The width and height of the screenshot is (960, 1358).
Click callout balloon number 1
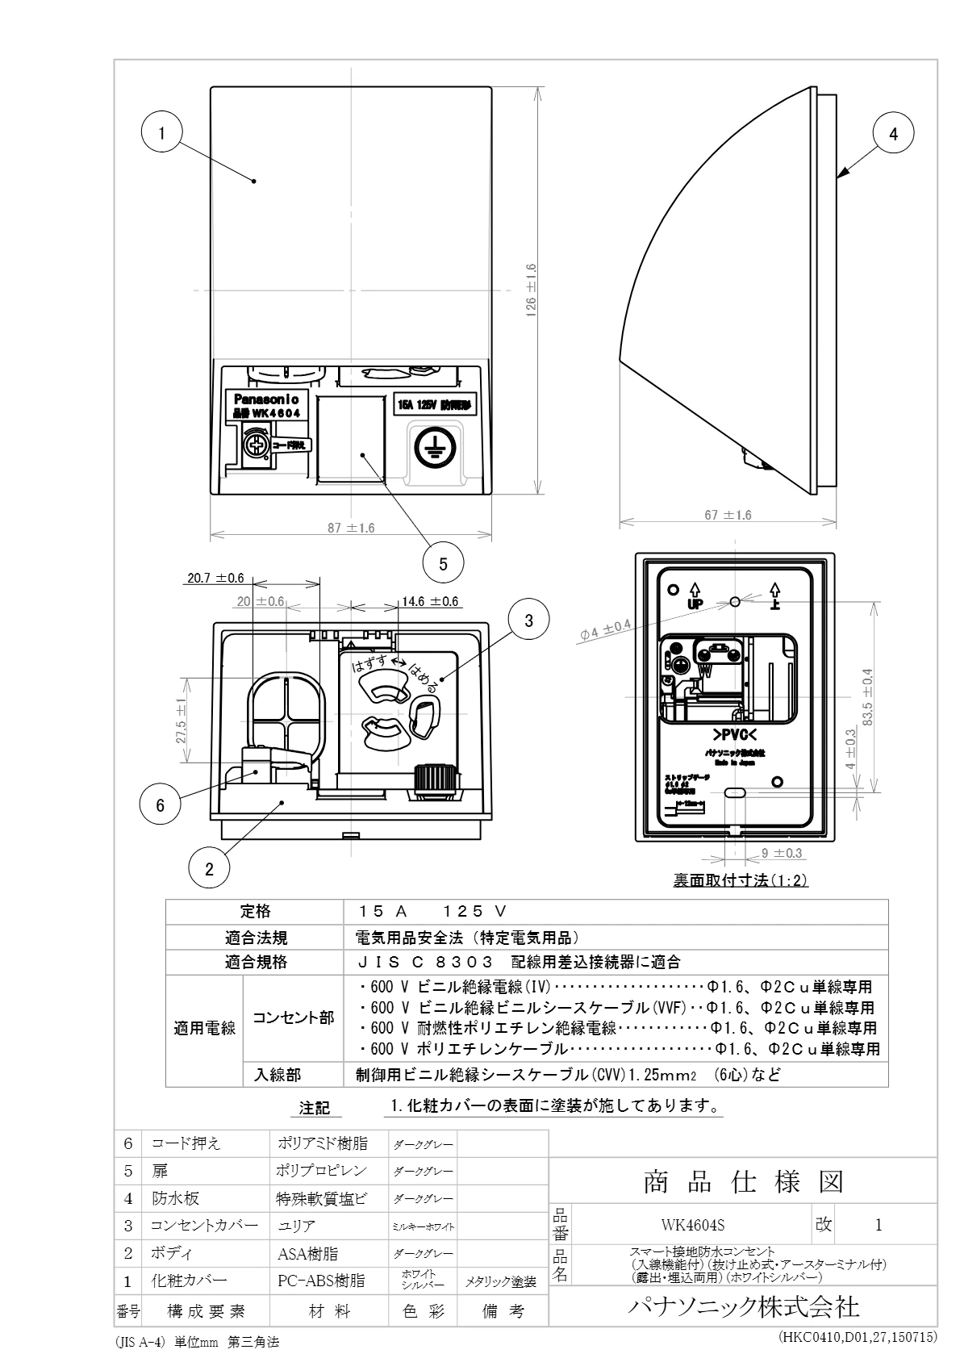pyautogui.click(x=162, y=133)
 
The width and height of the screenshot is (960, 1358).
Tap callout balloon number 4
pyautogui.click(x=893, y=133)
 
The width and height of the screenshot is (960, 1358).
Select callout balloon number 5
pyautogui.click(x=443, y=564)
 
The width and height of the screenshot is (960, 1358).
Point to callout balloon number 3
pyautogui.click(x=528, y=621)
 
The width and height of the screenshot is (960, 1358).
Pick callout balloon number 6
pyautogui.click(x=160, y=804)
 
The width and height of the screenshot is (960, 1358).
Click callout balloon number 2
pyautogui.click(x=209, y=868)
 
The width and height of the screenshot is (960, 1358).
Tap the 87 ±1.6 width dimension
pyautogui.click(x=350, y=528)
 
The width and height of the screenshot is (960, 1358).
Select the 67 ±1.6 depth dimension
pyautogui.click(x=728, y=515)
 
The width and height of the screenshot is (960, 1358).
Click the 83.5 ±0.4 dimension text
pyautogui.click(x=868, y=697)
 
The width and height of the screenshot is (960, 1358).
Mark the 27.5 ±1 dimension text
pyautogui.click(x=182, y=721)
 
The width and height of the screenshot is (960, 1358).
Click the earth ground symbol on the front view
pyautogui.click(x=432, y=445)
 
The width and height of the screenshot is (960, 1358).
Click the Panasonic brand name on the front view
pyautogui.click(x=266, y=399)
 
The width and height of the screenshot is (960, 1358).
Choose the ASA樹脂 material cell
pyautogui.click(x=308, y=1253)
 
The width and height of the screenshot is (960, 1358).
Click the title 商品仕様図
pyautogui.click(x=743, y=1182)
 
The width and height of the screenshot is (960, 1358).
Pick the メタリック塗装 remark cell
pyautogui.click(x=502, y=1281)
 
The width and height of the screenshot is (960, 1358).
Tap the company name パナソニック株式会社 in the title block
pyautogui.click(x=743, y=1306)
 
